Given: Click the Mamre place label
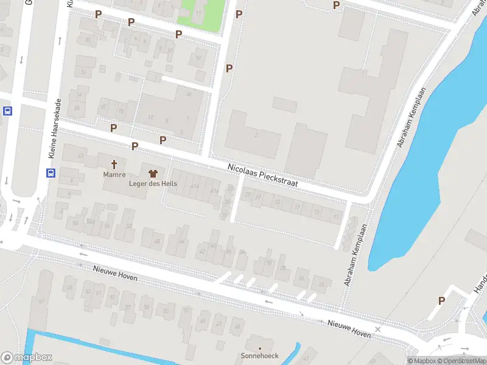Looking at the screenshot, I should pos(114,175).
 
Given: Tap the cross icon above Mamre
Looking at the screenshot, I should pos(114,164).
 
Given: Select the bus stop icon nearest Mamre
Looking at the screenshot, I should pos(50,173).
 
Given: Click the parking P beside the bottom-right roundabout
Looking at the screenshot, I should pos(442,301).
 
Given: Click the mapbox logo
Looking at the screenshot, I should pos(27,358).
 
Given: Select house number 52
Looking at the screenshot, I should pos(129,226).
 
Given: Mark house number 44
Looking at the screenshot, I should pos(181,242).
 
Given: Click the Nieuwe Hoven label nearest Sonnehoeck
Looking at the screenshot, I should pos(348,329).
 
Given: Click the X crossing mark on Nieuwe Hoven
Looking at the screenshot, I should pos(378,329).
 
